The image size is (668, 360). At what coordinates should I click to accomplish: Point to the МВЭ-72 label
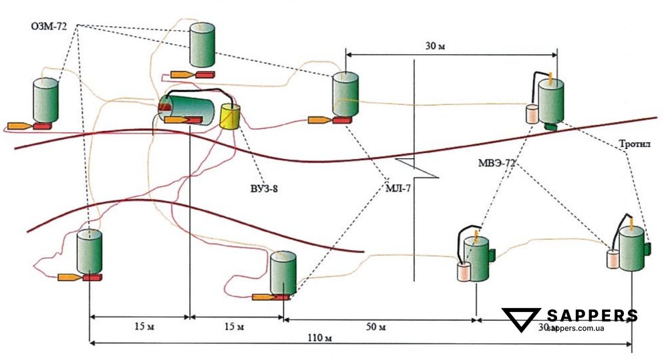point(497,163)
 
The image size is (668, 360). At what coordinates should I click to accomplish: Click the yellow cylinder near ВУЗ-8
point(230,117)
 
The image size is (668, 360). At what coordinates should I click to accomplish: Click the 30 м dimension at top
point(434,47)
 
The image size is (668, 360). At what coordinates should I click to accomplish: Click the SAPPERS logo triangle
point(522,320)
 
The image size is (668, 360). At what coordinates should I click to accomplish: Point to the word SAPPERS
point(592,316)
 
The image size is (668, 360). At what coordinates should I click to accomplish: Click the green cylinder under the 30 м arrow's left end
point(345,95)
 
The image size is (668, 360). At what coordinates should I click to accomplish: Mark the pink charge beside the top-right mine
point(532,114)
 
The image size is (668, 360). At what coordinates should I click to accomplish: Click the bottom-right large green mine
point(631,248)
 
